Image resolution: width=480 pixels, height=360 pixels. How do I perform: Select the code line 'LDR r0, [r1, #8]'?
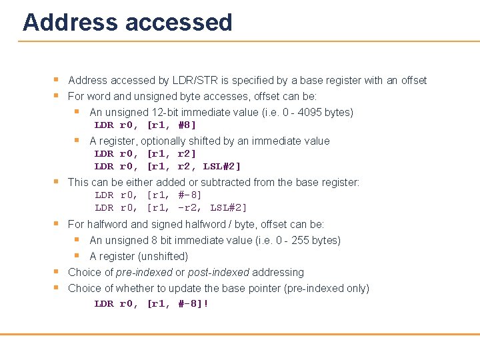(x=145, y=125)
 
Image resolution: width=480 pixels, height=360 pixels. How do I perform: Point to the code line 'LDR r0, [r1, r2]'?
(x=145, y=153)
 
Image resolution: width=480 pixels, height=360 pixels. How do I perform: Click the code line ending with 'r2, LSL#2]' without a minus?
(x=167, y=166)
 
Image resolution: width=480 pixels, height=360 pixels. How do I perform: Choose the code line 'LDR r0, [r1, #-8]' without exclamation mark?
(x=148, y=195)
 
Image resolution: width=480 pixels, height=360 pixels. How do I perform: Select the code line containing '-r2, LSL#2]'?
(x=171, y=207)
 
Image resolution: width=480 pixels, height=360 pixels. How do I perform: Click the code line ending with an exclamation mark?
(x=151, y=303)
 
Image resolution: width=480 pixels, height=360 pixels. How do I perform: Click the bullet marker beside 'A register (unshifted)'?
(x=77, y=255)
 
